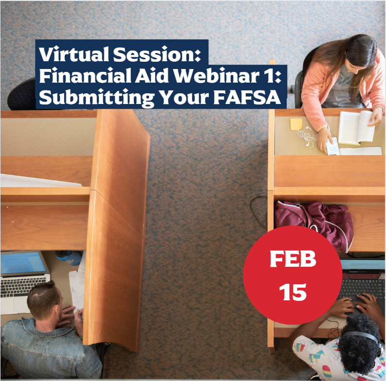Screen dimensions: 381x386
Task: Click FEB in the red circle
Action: pyautogui.click(x=293, y=260)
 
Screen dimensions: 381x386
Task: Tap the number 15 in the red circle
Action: pyautogui.click(x=293, y=292)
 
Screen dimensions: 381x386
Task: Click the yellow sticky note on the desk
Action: pyautogui.click(x=296, y=124)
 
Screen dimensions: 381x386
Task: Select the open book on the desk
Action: pyautogui.click(x=356, y=127)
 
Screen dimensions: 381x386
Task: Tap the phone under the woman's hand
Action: pyautogui.click(x=333, y=146)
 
